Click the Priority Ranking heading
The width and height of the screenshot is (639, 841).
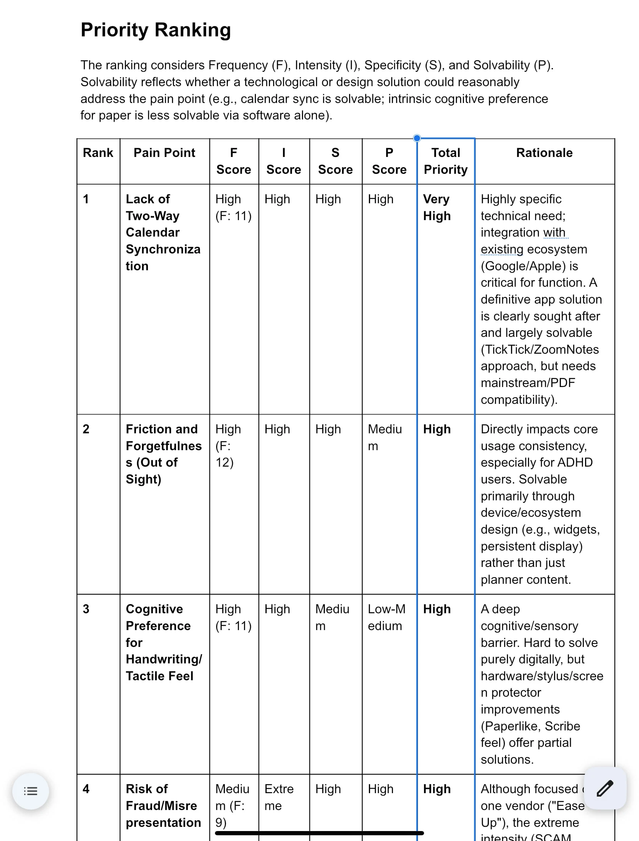[x=156, y=30]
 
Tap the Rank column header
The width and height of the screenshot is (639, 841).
[x=98, y=153]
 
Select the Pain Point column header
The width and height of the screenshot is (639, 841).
[x=164, y=153]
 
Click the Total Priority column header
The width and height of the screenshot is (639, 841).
[x=446, y=161]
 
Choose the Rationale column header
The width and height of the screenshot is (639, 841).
[x=544, y=153]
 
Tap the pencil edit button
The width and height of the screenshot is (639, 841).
[x=605, y=788]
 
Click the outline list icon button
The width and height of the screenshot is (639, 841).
[x=31, y=791]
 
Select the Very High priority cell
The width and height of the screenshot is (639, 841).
[x=437, y=207]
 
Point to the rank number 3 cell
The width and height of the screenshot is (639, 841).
[x=86, y=609]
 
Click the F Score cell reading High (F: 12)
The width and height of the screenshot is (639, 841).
[x=228, y=446]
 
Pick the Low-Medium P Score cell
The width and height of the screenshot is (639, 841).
[x=387, y=617]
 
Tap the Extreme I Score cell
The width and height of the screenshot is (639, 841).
[x=279, y=797]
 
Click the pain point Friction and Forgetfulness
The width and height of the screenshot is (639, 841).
[x=163, y=454]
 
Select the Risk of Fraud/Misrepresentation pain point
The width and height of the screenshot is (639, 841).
[x=163, y=806]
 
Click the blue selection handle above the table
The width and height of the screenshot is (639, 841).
[x=417, y=138]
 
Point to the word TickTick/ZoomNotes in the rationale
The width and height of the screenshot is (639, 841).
[x=540, y=349]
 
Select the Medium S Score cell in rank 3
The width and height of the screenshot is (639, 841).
[x=332, y=617]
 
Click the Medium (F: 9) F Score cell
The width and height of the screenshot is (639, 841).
[x=232, y=806]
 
